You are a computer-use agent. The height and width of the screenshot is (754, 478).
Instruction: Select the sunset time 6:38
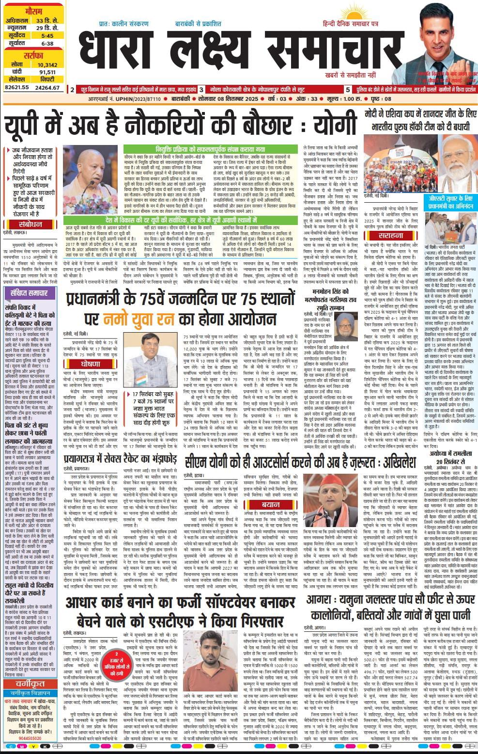click(x=47, y=43)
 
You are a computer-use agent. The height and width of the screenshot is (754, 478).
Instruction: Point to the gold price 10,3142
click(x=47, y=64)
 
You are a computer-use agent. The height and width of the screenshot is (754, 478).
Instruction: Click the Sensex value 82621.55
click(x=16, y=87)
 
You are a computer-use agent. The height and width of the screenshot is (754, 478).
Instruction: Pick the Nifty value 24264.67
click(x=47, y=87)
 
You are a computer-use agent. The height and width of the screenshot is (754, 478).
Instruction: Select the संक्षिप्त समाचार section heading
click(x=27, y=293)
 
